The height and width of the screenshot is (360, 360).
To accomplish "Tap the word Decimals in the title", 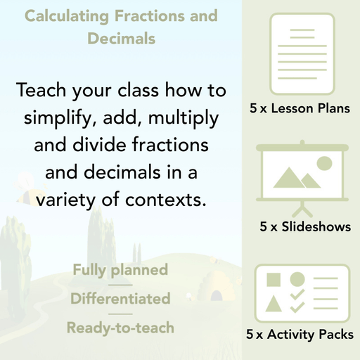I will [121, 39].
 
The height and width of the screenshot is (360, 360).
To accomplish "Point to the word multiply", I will [186, 117].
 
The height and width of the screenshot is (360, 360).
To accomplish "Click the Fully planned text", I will [120, 269].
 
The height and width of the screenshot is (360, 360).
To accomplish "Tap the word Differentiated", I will [120, 299].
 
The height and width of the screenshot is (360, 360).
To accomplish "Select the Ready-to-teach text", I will [120, 328].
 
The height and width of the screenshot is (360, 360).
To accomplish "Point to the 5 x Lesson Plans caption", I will [300, 109].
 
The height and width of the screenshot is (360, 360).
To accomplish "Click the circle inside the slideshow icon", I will [324, 163].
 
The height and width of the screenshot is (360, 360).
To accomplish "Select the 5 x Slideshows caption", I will [305, 227].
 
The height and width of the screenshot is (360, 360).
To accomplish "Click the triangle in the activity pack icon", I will [273, 304].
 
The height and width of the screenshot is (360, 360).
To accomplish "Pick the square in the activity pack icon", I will [273, 279].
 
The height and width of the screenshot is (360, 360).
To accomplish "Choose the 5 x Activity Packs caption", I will [300, 335].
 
